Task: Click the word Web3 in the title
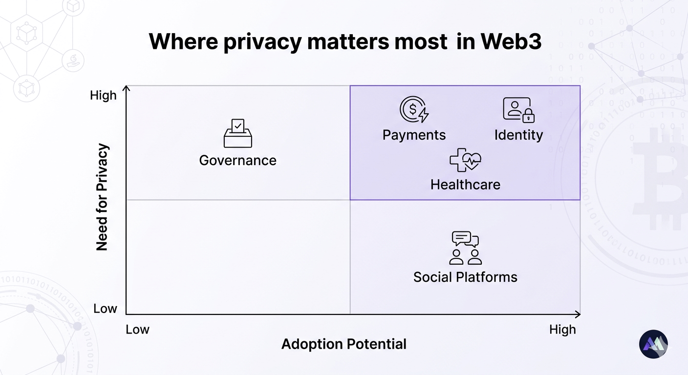click(x=511, y=42)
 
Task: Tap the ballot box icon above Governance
click(x=238, y=133)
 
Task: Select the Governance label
click(x=238, y=160)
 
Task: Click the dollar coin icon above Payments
click(x=413, y=109)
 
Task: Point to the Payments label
click(x=414, y=135)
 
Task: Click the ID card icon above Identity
click(x=518, y=109)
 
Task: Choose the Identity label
click(x=518, y=135)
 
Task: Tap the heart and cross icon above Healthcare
click(x=465, y=160)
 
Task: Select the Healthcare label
click(x=465, y=185)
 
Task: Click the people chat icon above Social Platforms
click(x=465, y=248)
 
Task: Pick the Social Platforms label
click(x=465, y=277)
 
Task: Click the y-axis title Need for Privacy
click(x=102, y=197)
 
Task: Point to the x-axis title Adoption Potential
click(x=344, y=344)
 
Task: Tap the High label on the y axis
click(x=103, y=95)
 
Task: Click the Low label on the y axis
click(x=105, y=309)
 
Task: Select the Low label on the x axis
click(x=137, y=330)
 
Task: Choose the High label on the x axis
click(x=562, y=330)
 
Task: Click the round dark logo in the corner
click(x=653, y=344)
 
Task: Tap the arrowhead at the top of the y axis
click(x=127, y=88)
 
